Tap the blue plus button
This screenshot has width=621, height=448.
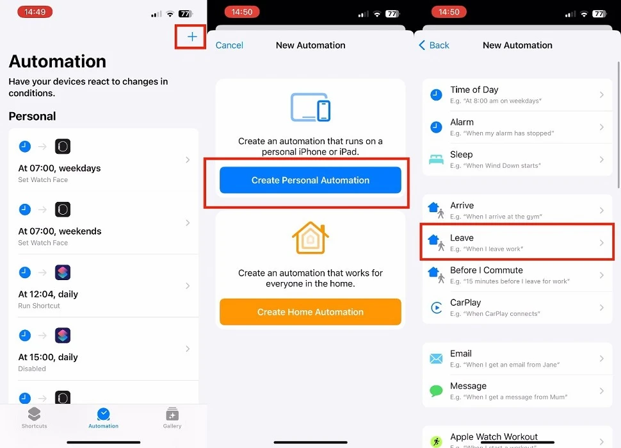click(x=192, y=37)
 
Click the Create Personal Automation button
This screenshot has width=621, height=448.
click(x=310, y=180)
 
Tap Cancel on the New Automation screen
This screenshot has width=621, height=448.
click(x=229, y=45)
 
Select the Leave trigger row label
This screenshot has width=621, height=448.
click(x=462, y=238)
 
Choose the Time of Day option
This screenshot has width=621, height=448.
click(x=474, y=90)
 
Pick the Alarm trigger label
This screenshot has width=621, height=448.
click(x=462, y=122)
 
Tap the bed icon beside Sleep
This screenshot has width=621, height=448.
click(x=436, y=159)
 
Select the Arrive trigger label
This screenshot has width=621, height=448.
click(x=462, y=205)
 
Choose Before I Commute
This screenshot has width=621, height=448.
click(x=487, y=270)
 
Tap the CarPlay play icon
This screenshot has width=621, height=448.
click(x=436, y=308)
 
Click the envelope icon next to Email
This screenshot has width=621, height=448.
click(x=436, y=359)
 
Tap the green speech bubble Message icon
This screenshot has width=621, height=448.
click(x=436, y=391)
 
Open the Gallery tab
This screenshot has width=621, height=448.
click(x=172, y=417)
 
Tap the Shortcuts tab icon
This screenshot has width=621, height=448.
click(x=34, y=414)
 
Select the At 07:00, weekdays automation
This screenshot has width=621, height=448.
click(x=60, y=168)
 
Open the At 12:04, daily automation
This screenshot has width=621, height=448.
click(x=48, y=294)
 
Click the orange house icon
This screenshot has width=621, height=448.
click(x=310, y=238)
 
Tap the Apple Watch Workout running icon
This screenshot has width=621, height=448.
click(x=436, y=442)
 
